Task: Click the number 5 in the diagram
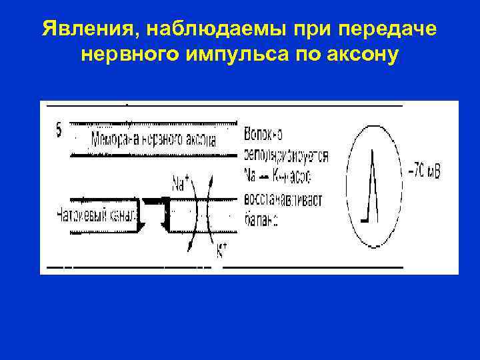coord(59,131)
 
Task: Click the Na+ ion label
coord(179,182)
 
